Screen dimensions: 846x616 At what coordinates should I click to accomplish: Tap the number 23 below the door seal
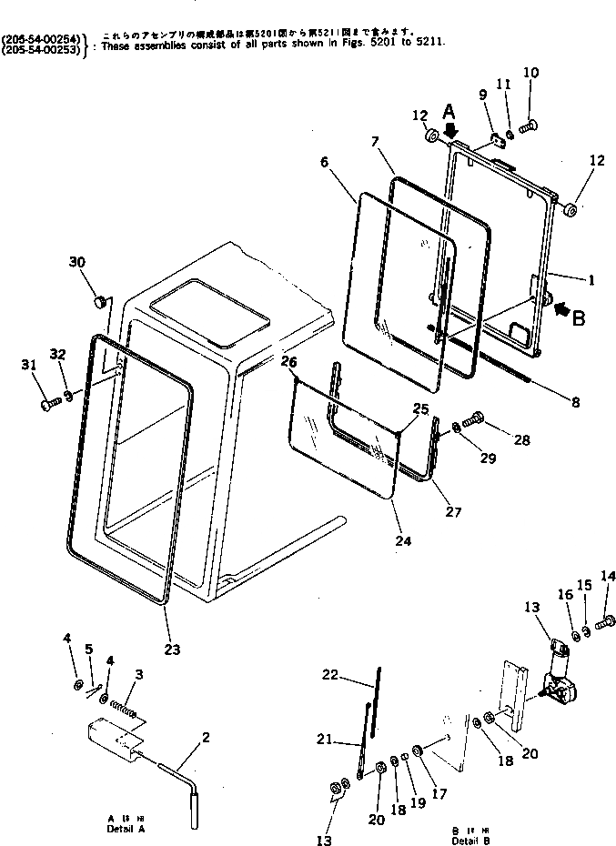coord(172,650)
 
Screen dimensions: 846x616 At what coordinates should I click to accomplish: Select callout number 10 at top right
coord(531,72)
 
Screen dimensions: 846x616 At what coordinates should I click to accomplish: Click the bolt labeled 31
coord(47,400)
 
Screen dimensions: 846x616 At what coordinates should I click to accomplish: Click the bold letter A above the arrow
coord(449,111)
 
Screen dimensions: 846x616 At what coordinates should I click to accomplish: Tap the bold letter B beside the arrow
coord(579,318)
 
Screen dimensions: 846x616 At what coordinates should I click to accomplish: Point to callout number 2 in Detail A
coord(206,737)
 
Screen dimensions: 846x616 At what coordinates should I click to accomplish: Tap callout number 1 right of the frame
coord(591,280)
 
